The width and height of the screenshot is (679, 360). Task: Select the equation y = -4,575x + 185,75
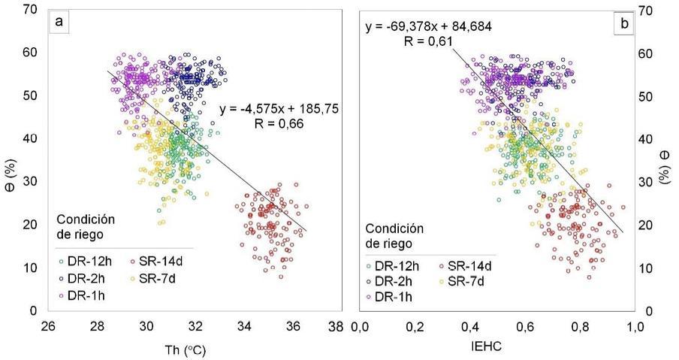pos(279,110)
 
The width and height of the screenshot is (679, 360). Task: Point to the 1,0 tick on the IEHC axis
pos(635,327)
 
